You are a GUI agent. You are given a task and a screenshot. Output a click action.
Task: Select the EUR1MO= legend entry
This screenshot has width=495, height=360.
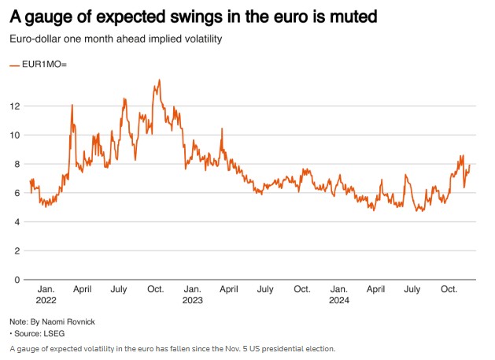[x=39, y=65]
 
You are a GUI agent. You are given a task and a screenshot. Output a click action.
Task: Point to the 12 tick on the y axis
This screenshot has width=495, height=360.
[x=16, y=106]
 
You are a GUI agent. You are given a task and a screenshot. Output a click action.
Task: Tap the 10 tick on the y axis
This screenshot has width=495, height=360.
[x=16, y=135]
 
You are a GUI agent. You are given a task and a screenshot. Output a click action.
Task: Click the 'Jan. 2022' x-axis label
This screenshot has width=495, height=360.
[x=46, y=295]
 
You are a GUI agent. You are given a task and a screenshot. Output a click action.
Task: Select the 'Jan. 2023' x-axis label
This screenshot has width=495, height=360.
[x=192, y=295]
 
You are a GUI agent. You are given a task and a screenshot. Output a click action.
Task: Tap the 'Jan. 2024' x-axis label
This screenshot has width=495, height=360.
[x=339, y=295]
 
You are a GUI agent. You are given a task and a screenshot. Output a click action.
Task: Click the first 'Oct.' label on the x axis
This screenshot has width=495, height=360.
[x=156, y=289]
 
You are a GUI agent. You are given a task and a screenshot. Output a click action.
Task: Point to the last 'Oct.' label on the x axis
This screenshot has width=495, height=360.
[x=449, y=289]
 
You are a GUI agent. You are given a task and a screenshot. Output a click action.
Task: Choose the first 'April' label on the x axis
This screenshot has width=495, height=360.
[x=83, y=289]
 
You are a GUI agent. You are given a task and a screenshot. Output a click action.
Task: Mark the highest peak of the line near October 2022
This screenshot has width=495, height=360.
[x=160, y=80]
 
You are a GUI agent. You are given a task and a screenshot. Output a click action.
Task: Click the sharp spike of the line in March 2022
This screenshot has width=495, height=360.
[x=72, y=105]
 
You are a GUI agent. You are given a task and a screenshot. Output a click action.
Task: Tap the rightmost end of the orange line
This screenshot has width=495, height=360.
[x=470, y=165]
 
